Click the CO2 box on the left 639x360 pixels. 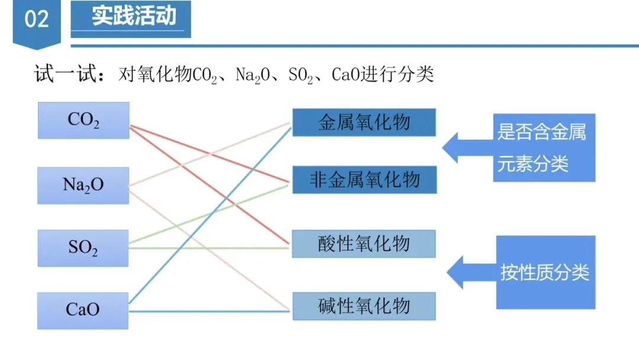click(x=83, y=120)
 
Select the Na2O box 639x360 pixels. click(x=83, y=185)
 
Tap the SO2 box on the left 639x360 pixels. click(x=83, y=248)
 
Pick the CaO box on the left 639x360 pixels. click(x=83, y=310)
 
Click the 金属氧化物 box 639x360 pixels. click(x=364, y=123)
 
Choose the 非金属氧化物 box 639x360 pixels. click(x=364, y=179)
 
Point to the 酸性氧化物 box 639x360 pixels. click(x=364, y=243)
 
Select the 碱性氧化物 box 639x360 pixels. click(x=364, y=306)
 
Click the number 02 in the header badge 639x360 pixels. click(x=36, y=19)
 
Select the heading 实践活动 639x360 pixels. click(x=134, y=16)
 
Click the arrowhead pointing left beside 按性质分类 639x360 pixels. click(x=456, y=273)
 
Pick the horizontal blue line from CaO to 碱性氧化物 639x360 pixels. click(x=210, y=311)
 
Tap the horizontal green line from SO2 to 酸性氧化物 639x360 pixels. click(x=210, y=248)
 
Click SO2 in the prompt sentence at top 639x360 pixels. click(x=301, y=76)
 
